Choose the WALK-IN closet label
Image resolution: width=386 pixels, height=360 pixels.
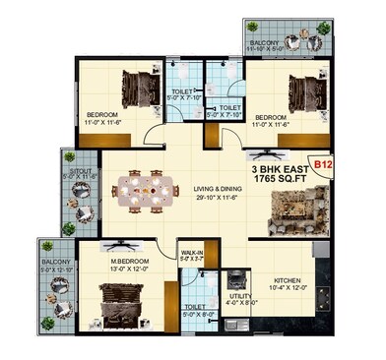[x=192, y=254]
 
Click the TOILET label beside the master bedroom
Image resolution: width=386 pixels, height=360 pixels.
[x=195, y=307]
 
